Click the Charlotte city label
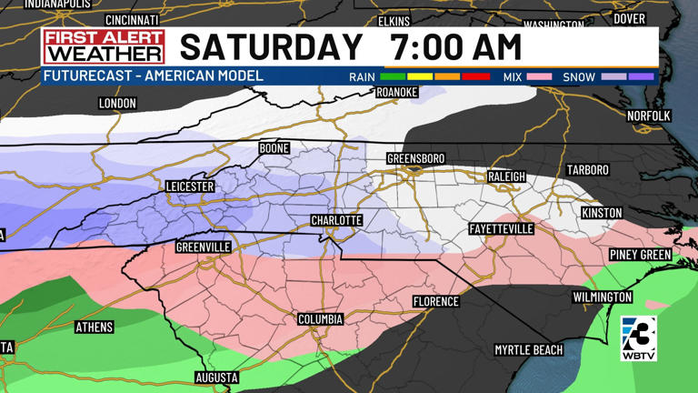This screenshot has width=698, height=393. click(x=336, y=221)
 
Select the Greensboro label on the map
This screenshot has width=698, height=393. click(x=415, y=159)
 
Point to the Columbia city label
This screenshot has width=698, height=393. click(x=320, y=319)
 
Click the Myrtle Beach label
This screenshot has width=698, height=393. click(x=528, y=349)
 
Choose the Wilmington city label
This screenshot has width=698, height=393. click(x=602, y=297)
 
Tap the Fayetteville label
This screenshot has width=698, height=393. click(x=501, y=229)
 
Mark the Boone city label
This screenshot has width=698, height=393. click(x=274, y=148)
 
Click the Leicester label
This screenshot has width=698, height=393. click(x=190, y=186)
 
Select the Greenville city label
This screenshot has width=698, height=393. click(x=204, y=247)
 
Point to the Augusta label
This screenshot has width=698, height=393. click(x=216, y=378)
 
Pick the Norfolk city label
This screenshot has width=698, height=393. click(x=648, y=116)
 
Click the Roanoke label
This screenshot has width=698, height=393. click(x=396, y=93)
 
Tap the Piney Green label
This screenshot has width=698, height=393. click(x=640, y=255)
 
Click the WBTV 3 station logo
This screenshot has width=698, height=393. click(x=638, y=338)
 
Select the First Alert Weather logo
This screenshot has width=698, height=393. click(x=104, y=46)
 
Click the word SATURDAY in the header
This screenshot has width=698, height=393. click(x=271, y=46)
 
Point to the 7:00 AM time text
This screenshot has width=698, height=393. click(x=455, y=46)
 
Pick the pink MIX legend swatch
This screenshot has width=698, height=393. click(x=538, y=77)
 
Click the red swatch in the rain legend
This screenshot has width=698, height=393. click(x=476, y=77)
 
